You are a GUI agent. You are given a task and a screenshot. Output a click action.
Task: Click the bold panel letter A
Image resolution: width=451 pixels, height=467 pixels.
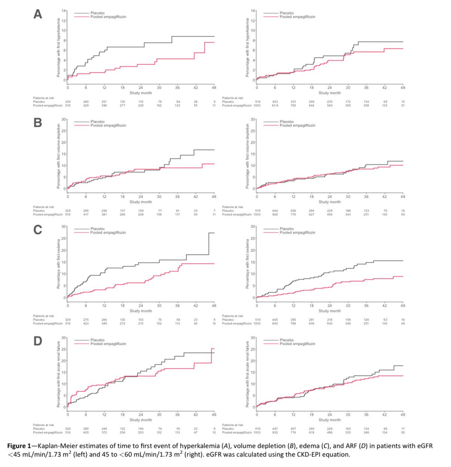click(38, 14)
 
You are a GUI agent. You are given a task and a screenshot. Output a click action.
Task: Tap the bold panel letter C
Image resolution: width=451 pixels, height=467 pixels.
click(38, 230)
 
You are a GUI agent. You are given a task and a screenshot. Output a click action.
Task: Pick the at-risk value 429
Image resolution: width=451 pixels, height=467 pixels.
click(86, 105)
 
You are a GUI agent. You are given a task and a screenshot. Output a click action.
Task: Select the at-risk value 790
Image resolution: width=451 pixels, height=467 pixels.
click(293, 105)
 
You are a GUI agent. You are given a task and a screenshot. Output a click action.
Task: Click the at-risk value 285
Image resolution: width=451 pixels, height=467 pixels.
click(86, 211)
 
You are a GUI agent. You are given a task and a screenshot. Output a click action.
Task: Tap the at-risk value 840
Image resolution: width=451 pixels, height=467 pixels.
click(275, 323)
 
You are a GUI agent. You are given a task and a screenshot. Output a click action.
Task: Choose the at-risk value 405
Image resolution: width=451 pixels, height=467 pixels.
click(86, 432)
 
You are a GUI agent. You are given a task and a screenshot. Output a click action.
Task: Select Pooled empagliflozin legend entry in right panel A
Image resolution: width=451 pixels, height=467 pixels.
click(297, 17)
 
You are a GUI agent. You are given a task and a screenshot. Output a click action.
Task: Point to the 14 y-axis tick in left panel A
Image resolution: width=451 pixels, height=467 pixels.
click(64, 10)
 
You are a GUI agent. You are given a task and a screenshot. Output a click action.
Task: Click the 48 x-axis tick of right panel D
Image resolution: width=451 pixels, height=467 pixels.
click(403, 415)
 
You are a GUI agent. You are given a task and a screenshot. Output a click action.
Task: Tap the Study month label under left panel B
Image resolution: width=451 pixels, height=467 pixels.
click(141, 202)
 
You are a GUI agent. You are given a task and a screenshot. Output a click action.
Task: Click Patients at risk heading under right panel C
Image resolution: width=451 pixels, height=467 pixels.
click(233, 316)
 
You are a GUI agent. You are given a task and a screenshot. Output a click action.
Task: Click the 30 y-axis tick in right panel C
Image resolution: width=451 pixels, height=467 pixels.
click(253, 226)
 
